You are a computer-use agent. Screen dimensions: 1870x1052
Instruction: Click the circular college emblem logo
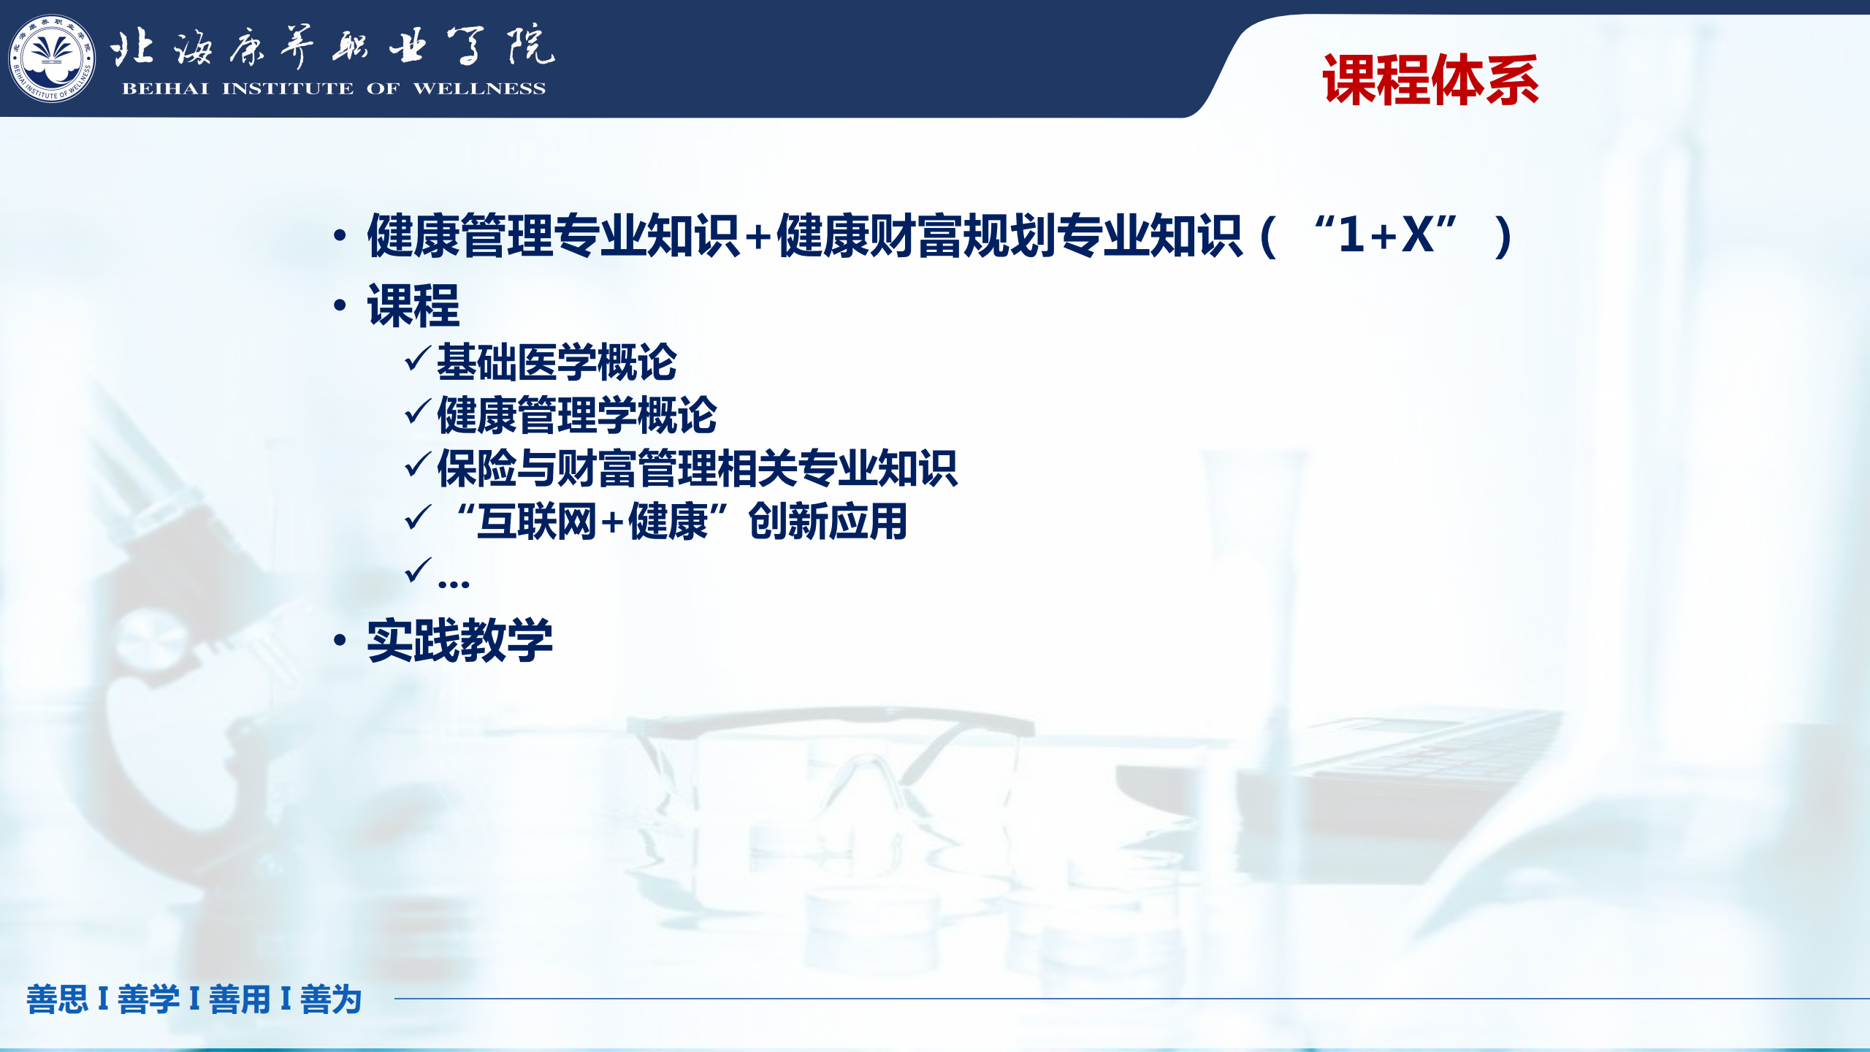(51, 58)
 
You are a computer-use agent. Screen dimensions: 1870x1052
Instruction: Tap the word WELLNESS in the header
(479, 88)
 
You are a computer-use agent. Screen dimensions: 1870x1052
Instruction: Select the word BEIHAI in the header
(165, 88)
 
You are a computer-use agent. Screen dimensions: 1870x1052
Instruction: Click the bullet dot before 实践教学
(340, 640)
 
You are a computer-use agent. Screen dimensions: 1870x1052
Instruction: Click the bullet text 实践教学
(459, 641)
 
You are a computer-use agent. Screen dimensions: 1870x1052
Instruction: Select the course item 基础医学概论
(557, 362)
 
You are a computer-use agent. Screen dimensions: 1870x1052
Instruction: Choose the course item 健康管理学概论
(577, 415)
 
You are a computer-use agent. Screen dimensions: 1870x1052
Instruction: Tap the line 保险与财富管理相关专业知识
(697, 468)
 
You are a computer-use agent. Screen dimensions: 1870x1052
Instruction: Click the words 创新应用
(828, 522)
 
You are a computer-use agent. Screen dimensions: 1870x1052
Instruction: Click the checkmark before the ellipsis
(417, 570)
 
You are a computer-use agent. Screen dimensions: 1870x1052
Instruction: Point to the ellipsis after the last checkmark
(454, 584)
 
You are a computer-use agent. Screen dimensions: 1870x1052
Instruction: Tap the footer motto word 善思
(57, 999)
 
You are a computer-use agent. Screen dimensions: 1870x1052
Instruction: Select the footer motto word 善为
(331, 999)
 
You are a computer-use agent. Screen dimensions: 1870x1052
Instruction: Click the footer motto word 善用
(240, 999)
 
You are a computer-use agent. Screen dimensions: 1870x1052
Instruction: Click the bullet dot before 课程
(340, 305)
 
